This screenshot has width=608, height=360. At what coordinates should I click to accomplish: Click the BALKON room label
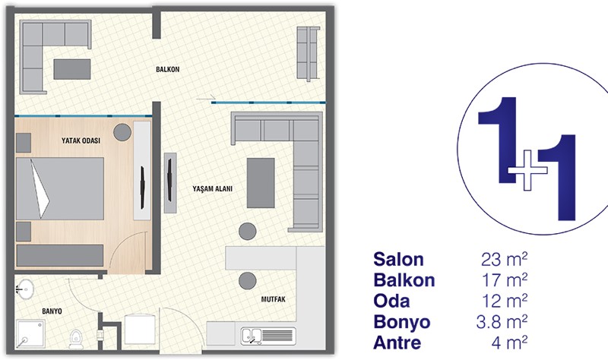click(167, 69)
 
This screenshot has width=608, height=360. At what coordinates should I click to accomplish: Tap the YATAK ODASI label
click(81, 141)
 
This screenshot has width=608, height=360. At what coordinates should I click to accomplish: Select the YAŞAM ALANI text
click(213, 188)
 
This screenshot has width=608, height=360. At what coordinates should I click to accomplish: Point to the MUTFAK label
click(273, 299)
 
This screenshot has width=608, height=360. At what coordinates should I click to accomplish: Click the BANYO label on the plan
click(52, 311)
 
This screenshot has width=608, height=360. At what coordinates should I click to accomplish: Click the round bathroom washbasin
click(26, 289)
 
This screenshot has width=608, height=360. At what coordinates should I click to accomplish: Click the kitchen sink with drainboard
click(268, 336)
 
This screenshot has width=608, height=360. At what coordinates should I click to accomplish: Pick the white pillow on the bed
click(40, 188)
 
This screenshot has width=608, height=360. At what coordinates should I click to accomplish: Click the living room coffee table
click(261, 182)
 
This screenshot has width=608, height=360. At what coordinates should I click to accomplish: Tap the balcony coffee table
click(72, 69)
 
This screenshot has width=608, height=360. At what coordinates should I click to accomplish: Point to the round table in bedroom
click(122, 132)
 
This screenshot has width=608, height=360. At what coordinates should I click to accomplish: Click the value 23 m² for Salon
click(504, 259)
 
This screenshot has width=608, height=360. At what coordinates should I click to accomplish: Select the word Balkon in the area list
click(404, 280)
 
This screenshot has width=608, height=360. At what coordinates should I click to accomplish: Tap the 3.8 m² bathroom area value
click(502, 321)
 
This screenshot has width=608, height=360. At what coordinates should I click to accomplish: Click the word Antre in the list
click(397, 343)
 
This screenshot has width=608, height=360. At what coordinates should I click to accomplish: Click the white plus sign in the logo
click(527, 169)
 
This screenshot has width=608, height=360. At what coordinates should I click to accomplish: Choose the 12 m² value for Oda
click(505, 301)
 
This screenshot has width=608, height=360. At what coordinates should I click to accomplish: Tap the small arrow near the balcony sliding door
click(205, 98)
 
